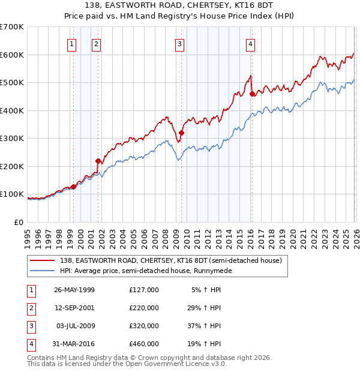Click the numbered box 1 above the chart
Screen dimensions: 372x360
(x=72, y=43)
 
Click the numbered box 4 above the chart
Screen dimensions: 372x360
(x=250, y=43)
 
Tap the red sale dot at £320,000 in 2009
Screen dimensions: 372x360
(x=181, y=133)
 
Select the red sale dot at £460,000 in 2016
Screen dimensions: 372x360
(x=252, y=94)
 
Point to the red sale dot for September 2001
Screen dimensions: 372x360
(x=98, y=161)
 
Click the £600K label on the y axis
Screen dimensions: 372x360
(x=12, y=55)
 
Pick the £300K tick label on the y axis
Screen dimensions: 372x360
(x=12, y=138)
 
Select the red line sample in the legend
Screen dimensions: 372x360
(x=42, y=260)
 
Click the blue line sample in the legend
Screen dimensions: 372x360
(x=42, y=271)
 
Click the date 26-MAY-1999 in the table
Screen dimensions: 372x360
(x=74, y=290)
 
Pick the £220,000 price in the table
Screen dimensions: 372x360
(x=144, y=308)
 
